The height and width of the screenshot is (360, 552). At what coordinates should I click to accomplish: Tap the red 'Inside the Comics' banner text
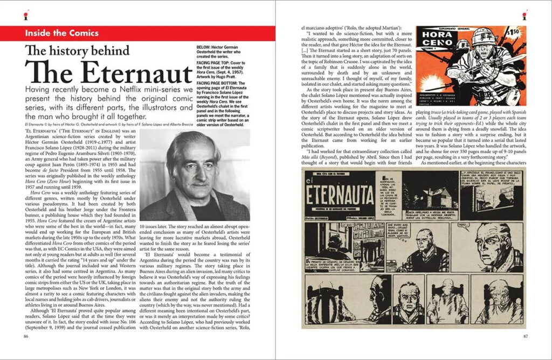61,33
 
